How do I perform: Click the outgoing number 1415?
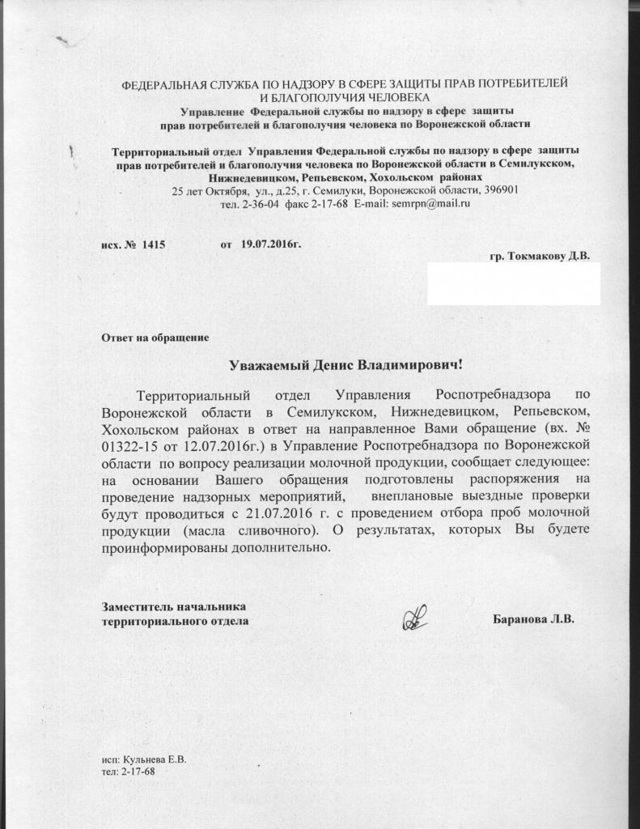pyautogui.click(x=153, y=244)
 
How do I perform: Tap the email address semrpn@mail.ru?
pyautogui.click(x=430, y=204)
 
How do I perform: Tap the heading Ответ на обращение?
pyautogui.click(x=155, y=337)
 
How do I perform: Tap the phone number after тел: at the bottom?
pyautogui.click(x=137, y=772)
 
